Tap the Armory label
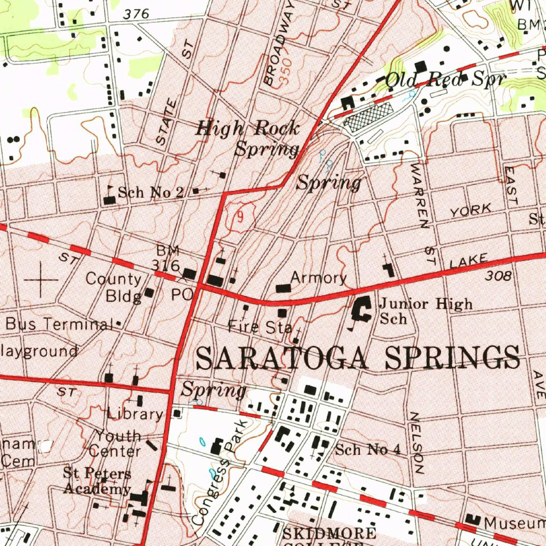click(x=319, y=278)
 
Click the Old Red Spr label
click(x=444, y=80)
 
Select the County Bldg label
click(x=114, y=287)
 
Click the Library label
click(x=135, y=413)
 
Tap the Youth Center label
click(x=116, y=443)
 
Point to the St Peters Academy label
click(x=97, y=480)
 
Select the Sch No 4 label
click(x=367, y=449)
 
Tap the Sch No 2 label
click(x=150, y=192)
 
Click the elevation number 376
click(x=136, y=15)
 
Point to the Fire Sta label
click(x=259, y=326)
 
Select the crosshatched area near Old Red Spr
click(x=369, y=115)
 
